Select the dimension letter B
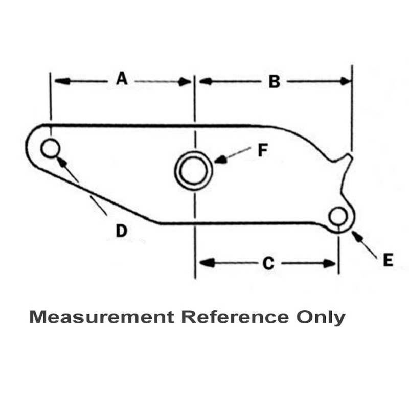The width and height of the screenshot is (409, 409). point(275,82)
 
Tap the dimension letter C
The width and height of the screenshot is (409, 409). point(268,263)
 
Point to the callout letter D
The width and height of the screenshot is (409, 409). point(121,231)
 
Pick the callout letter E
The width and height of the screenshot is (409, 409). point(388,261)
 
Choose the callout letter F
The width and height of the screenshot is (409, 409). point(262,151)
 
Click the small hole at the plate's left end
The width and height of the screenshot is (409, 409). point(50,149)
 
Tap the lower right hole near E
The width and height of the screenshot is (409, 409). point(337,216)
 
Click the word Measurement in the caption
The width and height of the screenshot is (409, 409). point(101,317)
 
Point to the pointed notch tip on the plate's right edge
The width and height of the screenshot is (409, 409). point(351,153)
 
